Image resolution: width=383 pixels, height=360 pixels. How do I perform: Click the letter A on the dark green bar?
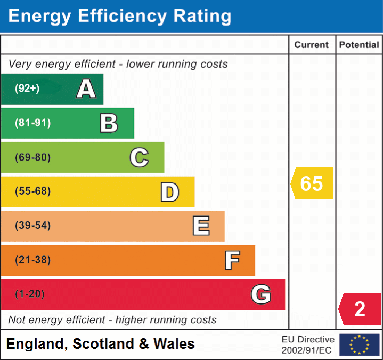click(86, 89)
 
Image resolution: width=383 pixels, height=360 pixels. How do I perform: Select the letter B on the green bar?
click(109, 123)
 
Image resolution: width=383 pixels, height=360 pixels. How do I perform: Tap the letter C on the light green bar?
click(139, 157)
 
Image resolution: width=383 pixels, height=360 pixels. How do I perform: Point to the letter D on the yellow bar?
click(169, 192)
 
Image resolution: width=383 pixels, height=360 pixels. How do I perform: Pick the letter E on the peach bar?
click(200, 226)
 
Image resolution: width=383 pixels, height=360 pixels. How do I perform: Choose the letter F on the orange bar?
click(231, 260)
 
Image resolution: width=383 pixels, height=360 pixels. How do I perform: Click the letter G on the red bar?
click(260, 294)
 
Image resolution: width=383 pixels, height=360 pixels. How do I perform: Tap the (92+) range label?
click(27, 89)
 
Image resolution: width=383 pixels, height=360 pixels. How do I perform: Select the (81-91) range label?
click(33, 123)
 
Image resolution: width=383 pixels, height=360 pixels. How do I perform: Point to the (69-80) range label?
click(33, 157)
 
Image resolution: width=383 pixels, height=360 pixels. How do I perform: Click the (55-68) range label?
click(33, 191)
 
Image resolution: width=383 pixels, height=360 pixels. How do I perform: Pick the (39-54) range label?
click(33, 226)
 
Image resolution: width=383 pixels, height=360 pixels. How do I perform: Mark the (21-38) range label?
click(33, 260)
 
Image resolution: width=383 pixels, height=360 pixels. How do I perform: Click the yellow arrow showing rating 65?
click(312, 183)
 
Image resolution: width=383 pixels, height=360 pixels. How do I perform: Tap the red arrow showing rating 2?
click(360, 309)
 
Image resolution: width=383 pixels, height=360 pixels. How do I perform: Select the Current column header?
click(312, 45)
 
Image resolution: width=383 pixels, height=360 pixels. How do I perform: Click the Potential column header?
click(359, 45)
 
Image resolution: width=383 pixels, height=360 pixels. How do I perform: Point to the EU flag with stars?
click(360, 345)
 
